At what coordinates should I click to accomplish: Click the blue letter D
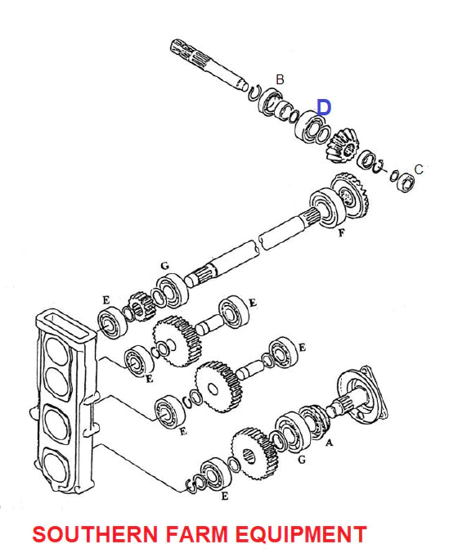[x=324, y=107]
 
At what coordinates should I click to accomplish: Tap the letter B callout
[x=280, y=79]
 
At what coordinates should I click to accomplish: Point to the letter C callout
[x=418, y=169]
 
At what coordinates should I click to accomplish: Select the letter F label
[x=341, y=233]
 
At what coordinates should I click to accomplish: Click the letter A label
[x=329, y=443]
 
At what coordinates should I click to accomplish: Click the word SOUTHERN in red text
[x=95, y=534]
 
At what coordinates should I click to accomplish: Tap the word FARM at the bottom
[x=197, y=534]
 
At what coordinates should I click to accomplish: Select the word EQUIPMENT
[x=301, y=534]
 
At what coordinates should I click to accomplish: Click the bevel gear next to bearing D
[x=343, y=146]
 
